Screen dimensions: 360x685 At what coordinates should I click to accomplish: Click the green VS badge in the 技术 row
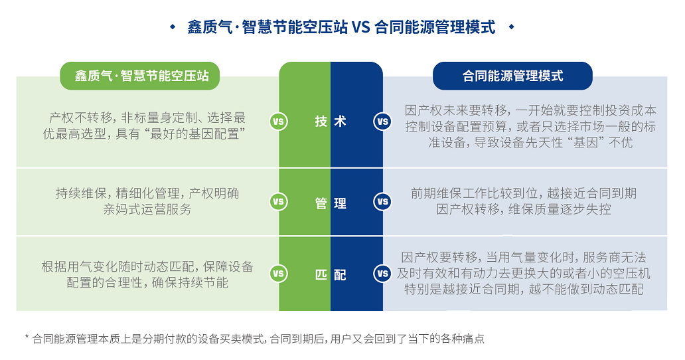(278, 122)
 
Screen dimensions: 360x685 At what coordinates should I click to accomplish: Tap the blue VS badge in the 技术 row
(382, 122)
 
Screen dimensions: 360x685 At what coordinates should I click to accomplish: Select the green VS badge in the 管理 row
(278, 202)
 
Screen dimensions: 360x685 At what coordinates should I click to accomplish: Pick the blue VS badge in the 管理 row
(382, 202)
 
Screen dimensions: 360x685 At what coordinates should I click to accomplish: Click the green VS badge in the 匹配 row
(278, 274)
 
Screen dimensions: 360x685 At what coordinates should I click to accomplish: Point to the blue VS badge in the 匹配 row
(382, 274)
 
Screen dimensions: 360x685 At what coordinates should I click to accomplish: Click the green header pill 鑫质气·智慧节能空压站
(141, 76)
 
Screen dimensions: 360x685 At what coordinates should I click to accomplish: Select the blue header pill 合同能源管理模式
(512, 76)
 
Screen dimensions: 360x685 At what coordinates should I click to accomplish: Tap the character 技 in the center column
(321, 122)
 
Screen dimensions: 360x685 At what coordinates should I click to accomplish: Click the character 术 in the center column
(340, 122)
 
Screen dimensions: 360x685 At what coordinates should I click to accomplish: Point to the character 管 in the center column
(321, 203)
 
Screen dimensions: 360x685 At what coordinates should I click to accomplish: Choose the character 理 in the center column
(340, 203)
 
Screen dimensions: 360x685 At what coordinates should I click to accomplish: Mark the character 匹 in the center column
(321, 274)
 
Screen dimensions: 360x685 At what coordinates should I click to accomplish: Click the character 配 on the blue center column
(340, 274)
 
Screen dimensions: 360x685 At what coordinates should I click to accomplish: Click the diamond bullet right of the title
(510, 27)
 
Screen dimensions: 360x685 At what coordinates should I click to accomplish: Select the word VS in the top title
(360, 27)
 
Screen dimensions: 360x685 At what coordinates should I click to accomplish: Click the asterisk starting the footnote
(27, 338)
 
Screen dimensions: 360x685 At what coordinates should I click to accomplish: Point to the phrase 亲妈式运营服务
(147, 209)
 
